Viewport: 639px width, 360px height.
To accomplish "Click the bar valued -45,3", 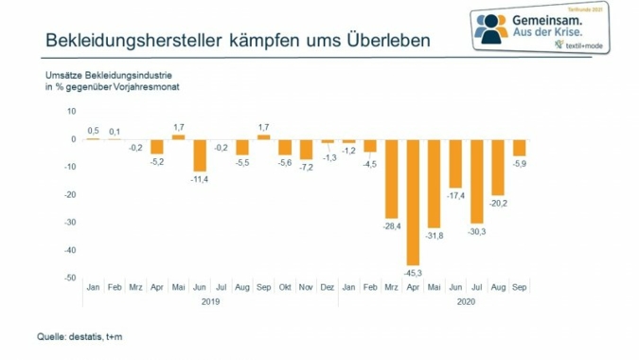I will (x=413, y=202).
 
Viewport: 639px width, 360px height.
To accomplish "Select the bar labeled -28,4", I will (x=391, y=178).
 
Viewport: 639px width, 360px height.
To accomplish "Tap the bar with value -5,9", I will (x=520, y=148).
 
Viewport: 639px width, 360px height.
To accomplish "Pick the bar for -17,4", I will (x=455, y=163).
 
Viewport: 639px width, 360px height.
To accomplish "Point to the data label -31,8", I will (x=435, y=234).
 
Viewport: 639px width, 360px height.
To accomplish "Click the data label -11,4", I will (x=199, y=177).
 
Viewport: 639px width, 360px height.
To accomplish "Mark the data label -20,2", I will (x=498, y=202).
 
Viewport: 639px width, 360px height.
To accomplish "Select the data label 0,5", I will (x=93, y=131).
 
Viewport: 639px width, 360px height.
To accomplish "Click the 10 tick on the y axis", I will (x=71, y=111).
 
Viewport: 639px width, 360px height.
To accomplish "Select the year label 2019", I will (x=210, y=302).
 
